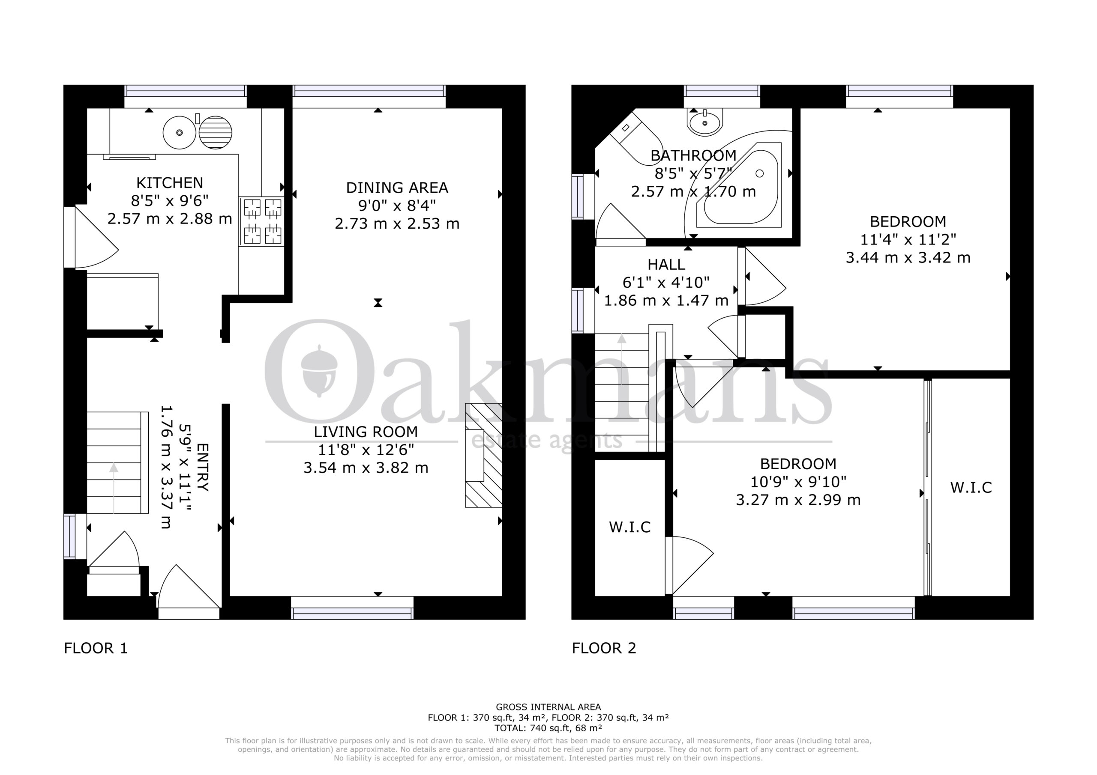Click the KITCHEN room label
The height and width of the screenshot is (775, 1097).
coord(170,183)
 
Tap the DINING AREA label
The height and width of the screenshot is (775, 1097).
coord(397,188)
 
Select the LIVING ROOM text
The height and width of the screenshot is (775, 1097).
coord(366,432)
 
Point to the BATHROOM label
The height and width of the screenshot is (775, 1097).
coord(693,156)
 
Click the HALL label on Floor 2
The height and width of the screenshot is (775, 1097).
coord(666,265)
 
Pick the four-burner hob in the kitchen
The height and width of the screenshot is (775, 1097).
coord(262,221)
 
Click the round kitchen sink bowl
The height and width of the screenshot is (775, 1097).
coord(180,132)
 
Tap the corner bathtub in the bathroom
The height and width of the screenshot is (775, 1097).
coord(740,185)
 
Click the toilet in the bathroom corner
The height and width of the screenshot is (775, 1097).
coord(638,137)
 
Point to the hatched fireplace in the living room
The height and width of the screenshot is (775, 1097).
coord(483,455)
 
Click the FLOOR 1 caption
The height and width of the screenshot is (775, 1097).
coord(96,648)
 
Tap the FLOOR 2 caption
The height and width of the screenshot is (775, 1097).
coord(604,648)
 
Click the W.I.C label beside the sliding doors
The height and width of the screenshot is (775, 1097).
coord(971,488)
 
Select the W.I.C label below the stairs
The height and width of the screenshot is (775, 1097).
coord(630,527)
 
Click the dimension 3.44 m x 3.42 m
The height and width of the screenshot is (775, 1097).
coord(908,258)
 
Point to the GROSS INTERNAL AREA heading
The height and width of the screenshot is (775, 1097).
coord(548,707)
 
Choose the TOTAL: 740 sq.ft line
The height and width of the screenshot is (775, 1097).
coord(548,728)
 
